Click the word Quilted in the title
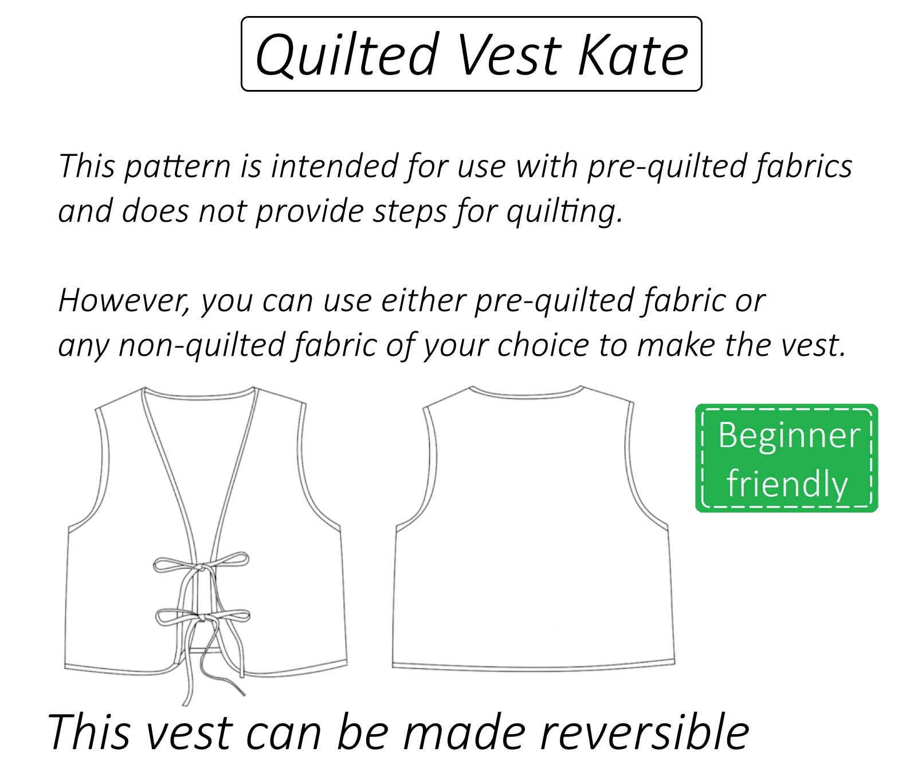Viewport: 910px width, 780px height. pos(347,55)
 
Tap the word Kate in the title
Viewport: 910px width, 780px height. pos(633,55)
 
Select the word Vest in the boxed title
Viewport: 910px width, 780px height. pos(509,55)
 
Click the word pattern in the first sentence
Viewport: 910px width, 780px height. pos(177,167)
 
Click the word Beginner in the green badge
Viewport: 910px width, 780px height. pos(789,436)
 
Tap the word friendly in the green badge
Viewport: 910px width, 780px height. pos(787,484)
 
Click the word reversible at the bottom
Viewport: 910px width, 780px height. pos(645,732)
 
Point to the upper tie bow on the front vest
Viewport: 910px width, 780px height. pos(201,565)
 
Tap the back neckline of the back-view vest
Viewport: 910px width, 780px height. pos(527,394)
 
